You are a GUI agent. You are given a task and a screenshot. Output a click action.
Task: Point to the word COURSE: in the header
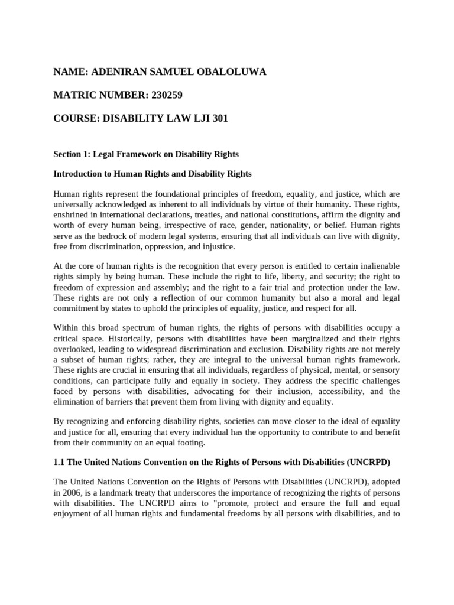77,119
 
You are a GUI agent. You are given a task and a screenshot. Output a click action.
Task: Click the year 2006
73,493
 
